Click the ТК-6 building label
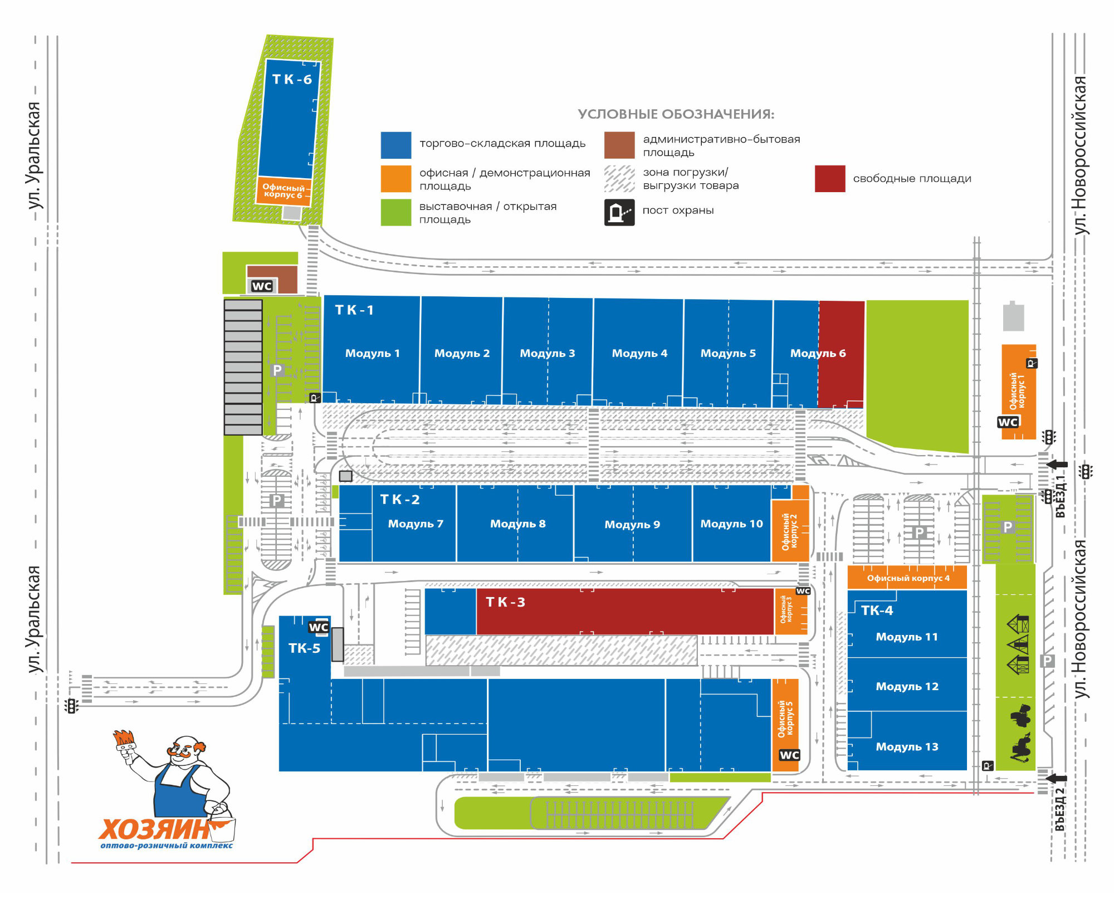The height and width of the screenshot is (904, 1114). click(x=292, y=80)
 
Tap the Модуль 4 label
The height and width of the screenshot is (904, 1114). click(x=639, y=353)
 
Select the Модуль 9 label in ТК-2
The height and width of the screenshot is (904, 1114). click(x=632, y=525)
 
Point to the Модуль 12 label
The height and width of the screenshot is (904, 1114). click(x=907, y=687)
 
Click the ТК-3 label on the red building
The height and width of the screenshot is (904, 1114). click(x=505, y=602)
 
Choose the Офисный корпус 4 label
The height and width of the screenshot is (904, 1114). click(x=908, y=578)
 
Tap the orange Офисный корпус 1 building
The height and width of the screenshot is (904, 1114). click(x=1019, y=392)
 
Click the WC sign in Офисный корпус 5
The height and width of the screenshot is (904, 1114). click(x=789, y=755)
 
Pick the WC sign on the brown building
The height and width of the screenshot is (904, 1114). click(x=262, y=286)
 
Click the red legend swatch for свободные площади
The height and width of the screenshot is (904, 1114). click(x=830, y=179)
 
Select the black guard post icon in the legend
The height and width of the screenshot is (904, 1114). click(x=619, y=212)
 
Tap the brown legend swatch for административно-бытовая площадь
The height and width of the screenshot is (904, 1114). click(x=619, y=145)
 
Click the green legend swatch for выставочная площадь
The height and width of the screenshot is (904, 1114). click(x=396, y=212)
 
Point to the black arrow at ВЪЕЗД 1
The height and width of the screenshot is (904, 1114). click(x=1057, y=465)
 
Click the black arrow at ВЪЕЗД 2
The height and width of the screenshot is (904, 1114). click(x=1057, y=778)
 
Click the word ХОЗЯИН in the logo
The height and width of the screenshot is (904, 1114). click(x=154, y=829)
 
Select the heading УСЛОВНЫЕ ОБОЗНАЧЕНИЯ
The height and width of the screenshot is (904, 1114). click(x=676, y=114)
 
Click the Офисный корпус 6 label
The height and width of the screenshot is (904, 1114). click(x=284, y=191)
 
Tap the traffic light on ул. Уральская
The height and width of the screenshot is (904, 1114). click(x=71, y=706)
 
